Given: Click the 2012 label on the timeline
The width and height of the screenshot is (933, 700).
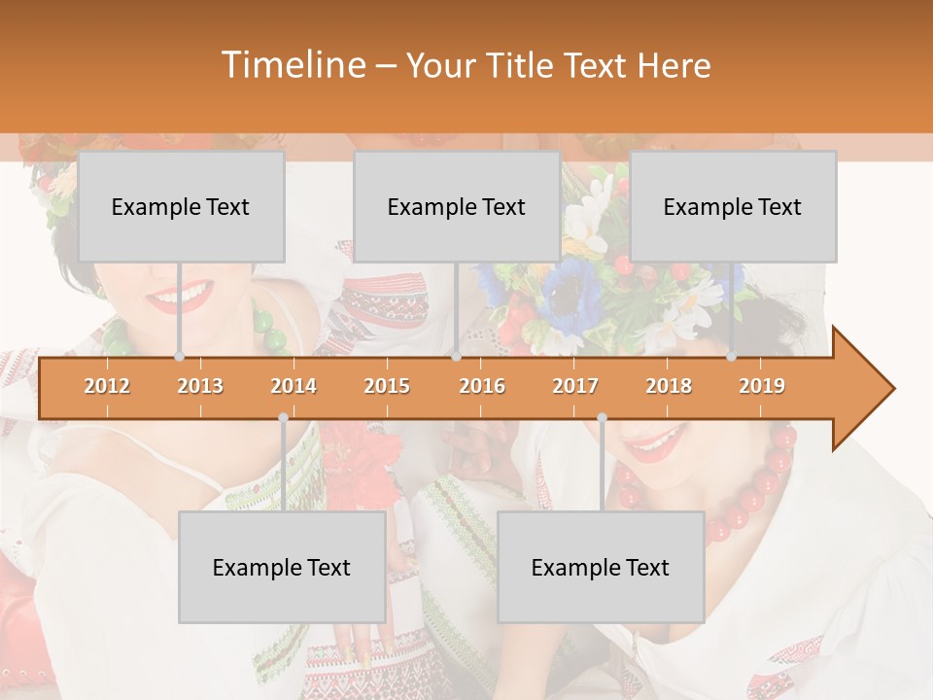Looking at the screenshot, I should point(107,386).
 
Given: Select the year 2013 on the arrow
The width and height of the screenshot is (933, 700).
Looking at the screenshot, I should point(200,386).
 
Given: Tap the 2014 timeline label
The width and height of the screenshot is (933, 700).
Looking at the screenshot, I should point(294,386).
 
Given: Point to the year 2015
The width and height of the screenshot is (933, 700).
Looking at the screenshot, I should point(387,386).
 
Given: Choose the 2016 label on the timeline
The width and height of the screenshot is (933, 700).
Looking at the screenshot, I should point(482,386).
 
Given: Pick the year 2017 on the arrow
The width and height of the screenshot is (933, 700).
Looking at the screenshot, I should point(575,386).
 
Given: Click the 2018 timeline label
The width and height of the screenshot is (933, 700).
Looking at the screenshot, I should point(669,386).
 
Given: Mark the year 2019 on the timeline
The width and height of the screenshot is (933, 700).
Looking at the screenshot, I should point(762,386).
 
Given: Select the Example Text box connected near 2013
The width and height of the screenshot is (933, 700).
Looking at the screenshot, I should point(181,206).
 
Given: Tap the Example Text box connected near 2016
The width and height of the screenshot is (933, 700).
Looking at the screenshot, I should point(457,206).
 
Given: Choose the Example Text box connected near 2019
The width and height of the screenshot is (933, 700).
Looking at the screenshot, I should point(733,206).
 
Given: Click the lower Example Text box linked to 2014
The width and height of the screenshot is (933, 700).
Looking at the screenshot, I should point(282,567).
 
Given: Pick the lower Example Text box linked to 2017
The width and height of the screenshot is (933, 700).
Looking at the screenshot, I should point(601,567).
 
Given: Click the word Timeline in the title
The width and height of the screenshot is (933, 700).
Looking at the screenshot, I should point(292,65).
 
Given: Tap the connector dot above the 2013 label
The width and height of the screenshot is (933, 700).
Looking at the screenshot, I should point(179,357).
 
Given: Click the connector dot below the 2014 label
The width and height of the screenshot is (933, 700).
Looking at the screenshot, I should point(283,417).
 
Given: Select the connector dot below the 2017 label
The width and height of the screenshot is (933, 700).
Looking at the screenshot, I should point(602,417).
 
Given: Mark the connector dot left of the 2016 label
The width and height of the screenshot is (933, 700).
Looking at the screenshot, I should point(456,357).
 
